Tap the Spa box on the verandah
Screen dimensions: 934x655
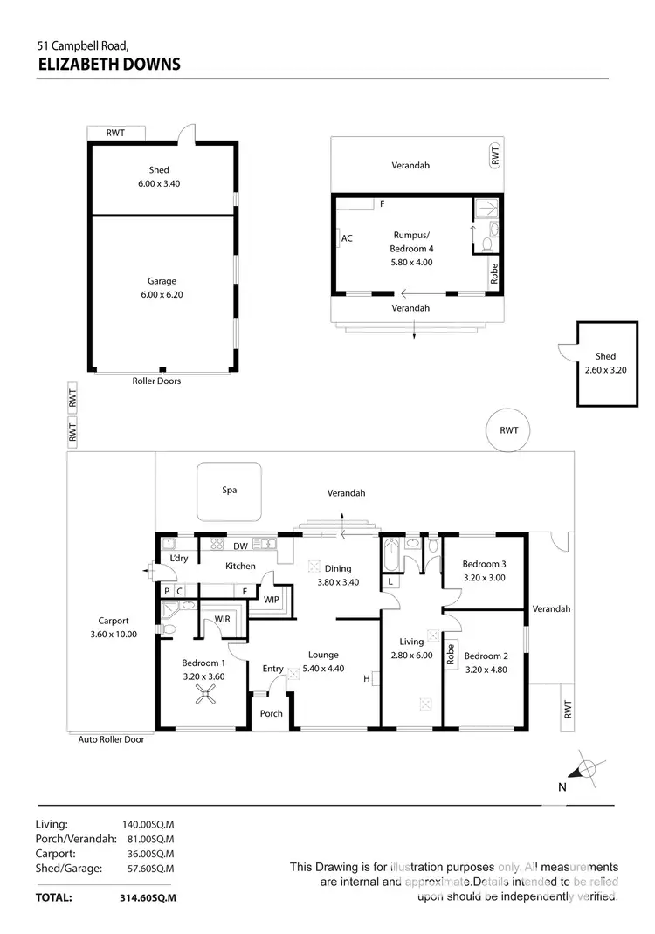tap(229, 491)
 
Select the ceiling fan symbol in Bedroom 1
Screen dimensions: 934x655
tap(206, 694)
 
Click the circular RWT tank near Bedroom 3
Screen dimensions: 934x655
tap(509, 430)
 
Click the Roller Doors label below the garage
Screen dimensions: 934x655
tap(156, 381)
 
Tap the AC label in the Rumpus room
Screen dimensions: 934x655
tap(347, 238)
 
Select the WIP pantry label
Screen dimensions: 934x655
tap(271, 601)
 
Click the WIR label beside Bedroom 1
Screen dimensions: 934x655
tap(223, 620)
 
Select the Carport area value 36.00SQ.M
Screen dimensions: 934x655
tap(148, 853)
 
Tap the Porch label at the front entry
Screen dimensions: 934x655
tap(272, 713)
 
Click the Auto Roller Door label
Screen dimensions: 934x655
tap(111, 739)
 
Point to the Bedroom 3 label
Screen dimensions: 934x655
tap(485, 564)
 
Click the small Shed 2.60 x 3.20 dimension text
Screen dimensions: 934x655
tap(605, 370)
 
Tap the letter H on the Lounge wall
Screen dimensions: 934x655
tap(366, 678)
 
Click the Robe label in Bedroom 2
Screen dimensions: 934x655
tap(451, 653)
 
